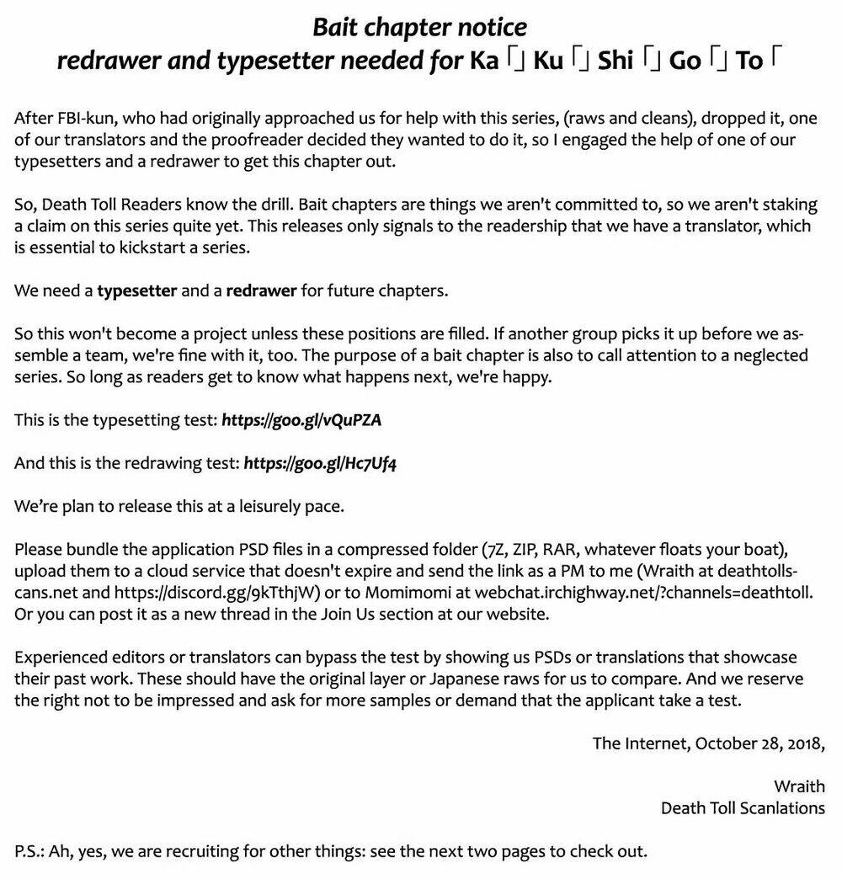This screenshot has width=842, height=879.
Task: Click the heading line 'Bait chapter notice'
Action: tap(420, 27)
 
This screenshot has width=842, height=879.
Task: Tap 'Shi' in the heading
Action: tap(616, 61)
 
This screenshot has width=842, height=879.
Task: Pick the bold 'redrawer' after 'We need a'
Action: tap(261, 291)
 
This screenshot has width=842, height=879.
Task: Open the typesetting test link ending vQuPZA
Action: tap(301, 420)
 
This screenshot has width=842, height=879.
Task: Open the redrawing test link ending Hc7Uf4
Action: tap(320, 463)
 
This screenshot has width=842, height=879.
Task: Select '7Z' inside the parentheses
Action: tap(488, 550)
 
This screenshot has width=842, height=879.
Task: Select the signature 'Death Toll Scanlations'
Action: tap(743, 808)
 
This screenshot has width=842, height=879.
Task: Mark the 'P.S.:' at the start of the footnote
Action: tap(29, 850)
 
